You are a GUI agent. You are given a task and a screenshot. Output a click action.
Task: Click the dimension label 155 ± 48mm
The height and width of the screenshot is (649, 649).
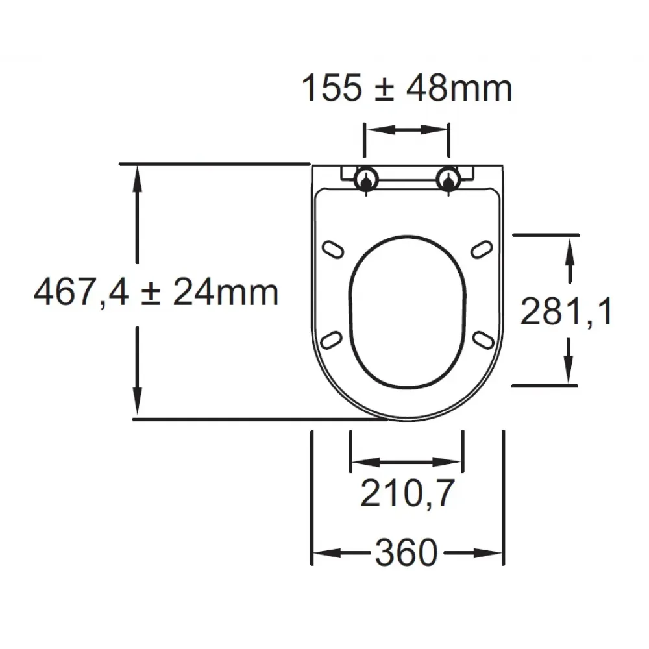point(407,88)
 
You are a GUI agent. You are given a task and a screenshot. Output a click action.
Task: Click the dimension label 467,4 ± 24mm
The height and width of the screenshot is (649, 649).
point(156,293)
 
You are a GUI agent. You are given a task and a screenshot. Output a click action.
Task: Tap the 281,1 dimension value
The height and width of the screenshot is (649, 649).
point(566,312)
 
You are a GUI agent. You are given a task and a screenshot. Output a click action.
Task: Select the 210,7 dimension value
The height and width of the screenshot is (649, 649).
point(408,493)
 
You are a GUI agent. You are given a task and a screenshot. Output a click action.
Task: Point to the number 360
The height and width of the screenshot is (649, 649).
point(406,552)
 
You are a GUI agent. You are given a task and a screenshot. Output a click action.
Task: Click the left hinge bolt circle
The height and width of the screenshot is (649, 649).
point(366,179)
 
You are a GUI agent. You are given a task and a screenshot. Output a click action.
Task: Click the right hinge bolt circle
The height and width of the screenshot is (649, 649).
point(448,179)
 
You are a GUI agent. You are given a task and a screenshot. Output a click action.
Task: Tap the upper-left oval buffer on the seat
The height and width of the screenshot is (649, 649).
point(333,250)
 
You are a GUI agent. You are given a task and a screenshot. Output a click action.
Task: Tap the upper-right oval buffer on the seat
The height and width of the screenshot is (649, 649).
point(482,250)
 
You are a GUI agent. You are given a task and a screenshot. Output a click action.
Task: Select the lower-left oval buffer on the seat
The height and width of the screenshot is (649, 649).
point(332,340)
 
